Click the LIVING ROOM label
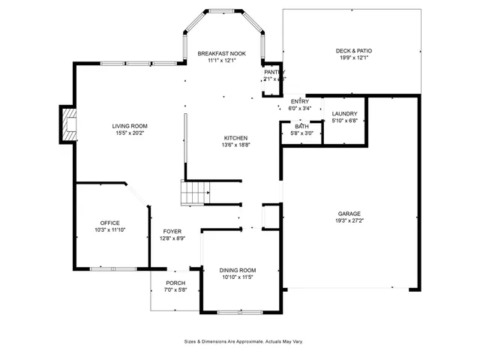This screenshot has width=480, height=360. [x=129, y=126]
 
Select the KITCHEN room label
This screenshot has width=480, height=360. [x=235, y=138]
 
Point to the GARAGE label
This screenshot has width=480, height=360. [x=349, y=214]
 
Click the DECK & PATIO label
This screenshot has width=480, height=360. [x=353, y=51]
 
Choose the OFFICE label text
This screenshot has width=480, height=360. [x=110, y=223]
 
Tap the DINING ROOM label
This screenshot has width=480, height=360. [x=238, y=270]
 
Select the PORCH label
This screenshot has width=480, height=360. [x=175, y=283]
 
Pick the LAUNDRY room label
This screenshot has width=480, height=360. [x=344, y=114]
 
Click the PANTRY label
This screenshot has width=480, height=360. [x=274, y=72]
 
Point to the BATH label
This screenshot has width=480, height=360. [x=301, y=127]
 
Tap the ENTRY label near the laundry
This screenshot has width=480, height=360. [x=299, y=101]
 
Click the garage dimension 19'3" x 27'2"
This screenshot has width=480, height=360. [x=349, y=221]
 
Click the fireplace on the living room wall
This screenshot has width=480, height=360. [x=69, y=124]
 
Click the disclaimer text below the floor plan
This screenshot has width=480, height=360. [x=243, y=341]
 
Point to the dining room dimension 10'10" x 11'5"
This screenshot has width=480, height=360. [x=238, y=277]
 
